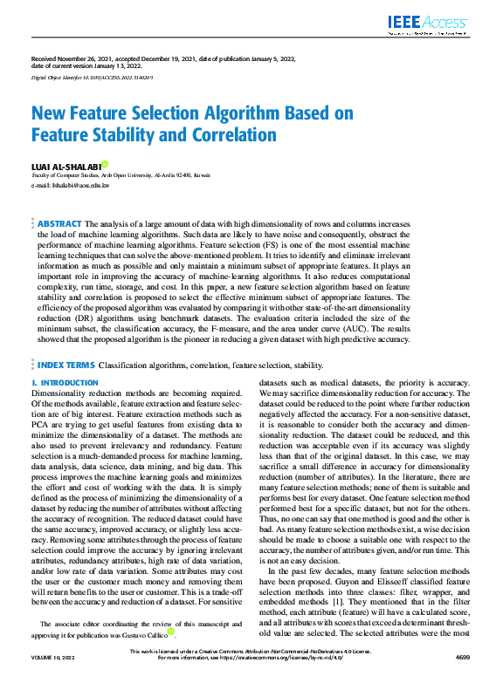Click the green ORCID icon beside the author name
click(105, 163)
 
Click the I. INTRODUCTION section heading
click(65, 383)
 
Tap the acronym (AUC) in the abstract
click(340, 330)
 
